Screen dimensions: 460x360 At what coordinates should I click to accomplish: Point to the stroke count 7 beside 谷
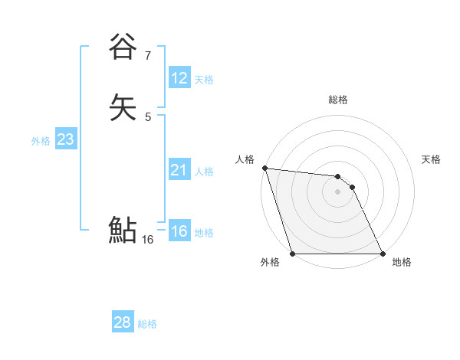click(x=148, y=55)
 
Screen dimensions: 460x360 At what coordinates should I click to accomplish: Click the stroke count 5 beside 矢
click(x=148, y=116)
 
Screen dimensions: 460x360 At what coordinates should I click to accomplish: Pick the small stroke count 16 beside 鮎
click(x=147, y=240)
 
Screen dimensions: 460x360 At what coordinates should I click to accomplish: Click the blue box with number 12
click(x=179, y=78)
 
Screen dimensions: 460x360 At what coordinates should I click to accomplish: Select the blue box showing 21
click(x=179, y=170)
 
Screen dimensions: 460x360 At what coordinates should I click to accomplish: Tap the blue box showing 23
click(x=66, y=139)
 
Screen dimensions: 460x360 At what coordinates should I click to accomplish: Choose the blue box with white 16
click(x=179, y=231)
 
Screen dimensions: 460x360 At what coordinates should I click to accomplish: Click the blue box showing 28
click(x=123, y=322)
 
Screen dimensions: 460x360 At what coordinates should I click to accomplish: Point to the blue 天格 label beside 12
click(x=204, y=80)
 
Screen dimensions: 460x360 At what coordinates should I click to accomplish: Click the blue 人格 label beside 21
click(x=204, y=172)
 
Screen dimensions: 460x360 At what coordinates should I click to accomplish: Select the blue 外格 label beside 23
click(x=41, y=141)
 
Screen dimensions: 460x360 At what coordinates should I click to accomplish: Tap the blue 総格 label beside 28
click(x=147, y=324)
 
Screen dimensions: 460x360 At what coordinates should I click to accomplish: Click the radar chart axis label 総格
click(x=338, y=100)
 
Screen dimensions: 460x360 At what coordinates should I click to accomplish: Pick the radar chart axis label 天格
click(x=432, y=159)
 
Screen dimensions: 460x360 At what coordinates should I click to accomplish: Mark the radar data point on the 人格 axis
click(x=264, y=168)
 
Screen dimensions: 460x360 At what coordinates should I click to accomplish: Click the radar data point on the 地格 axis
click(x=383, y=254)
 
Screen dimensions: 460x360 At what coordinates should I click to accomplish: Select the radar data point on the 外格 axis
click(x=293, y=254)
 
